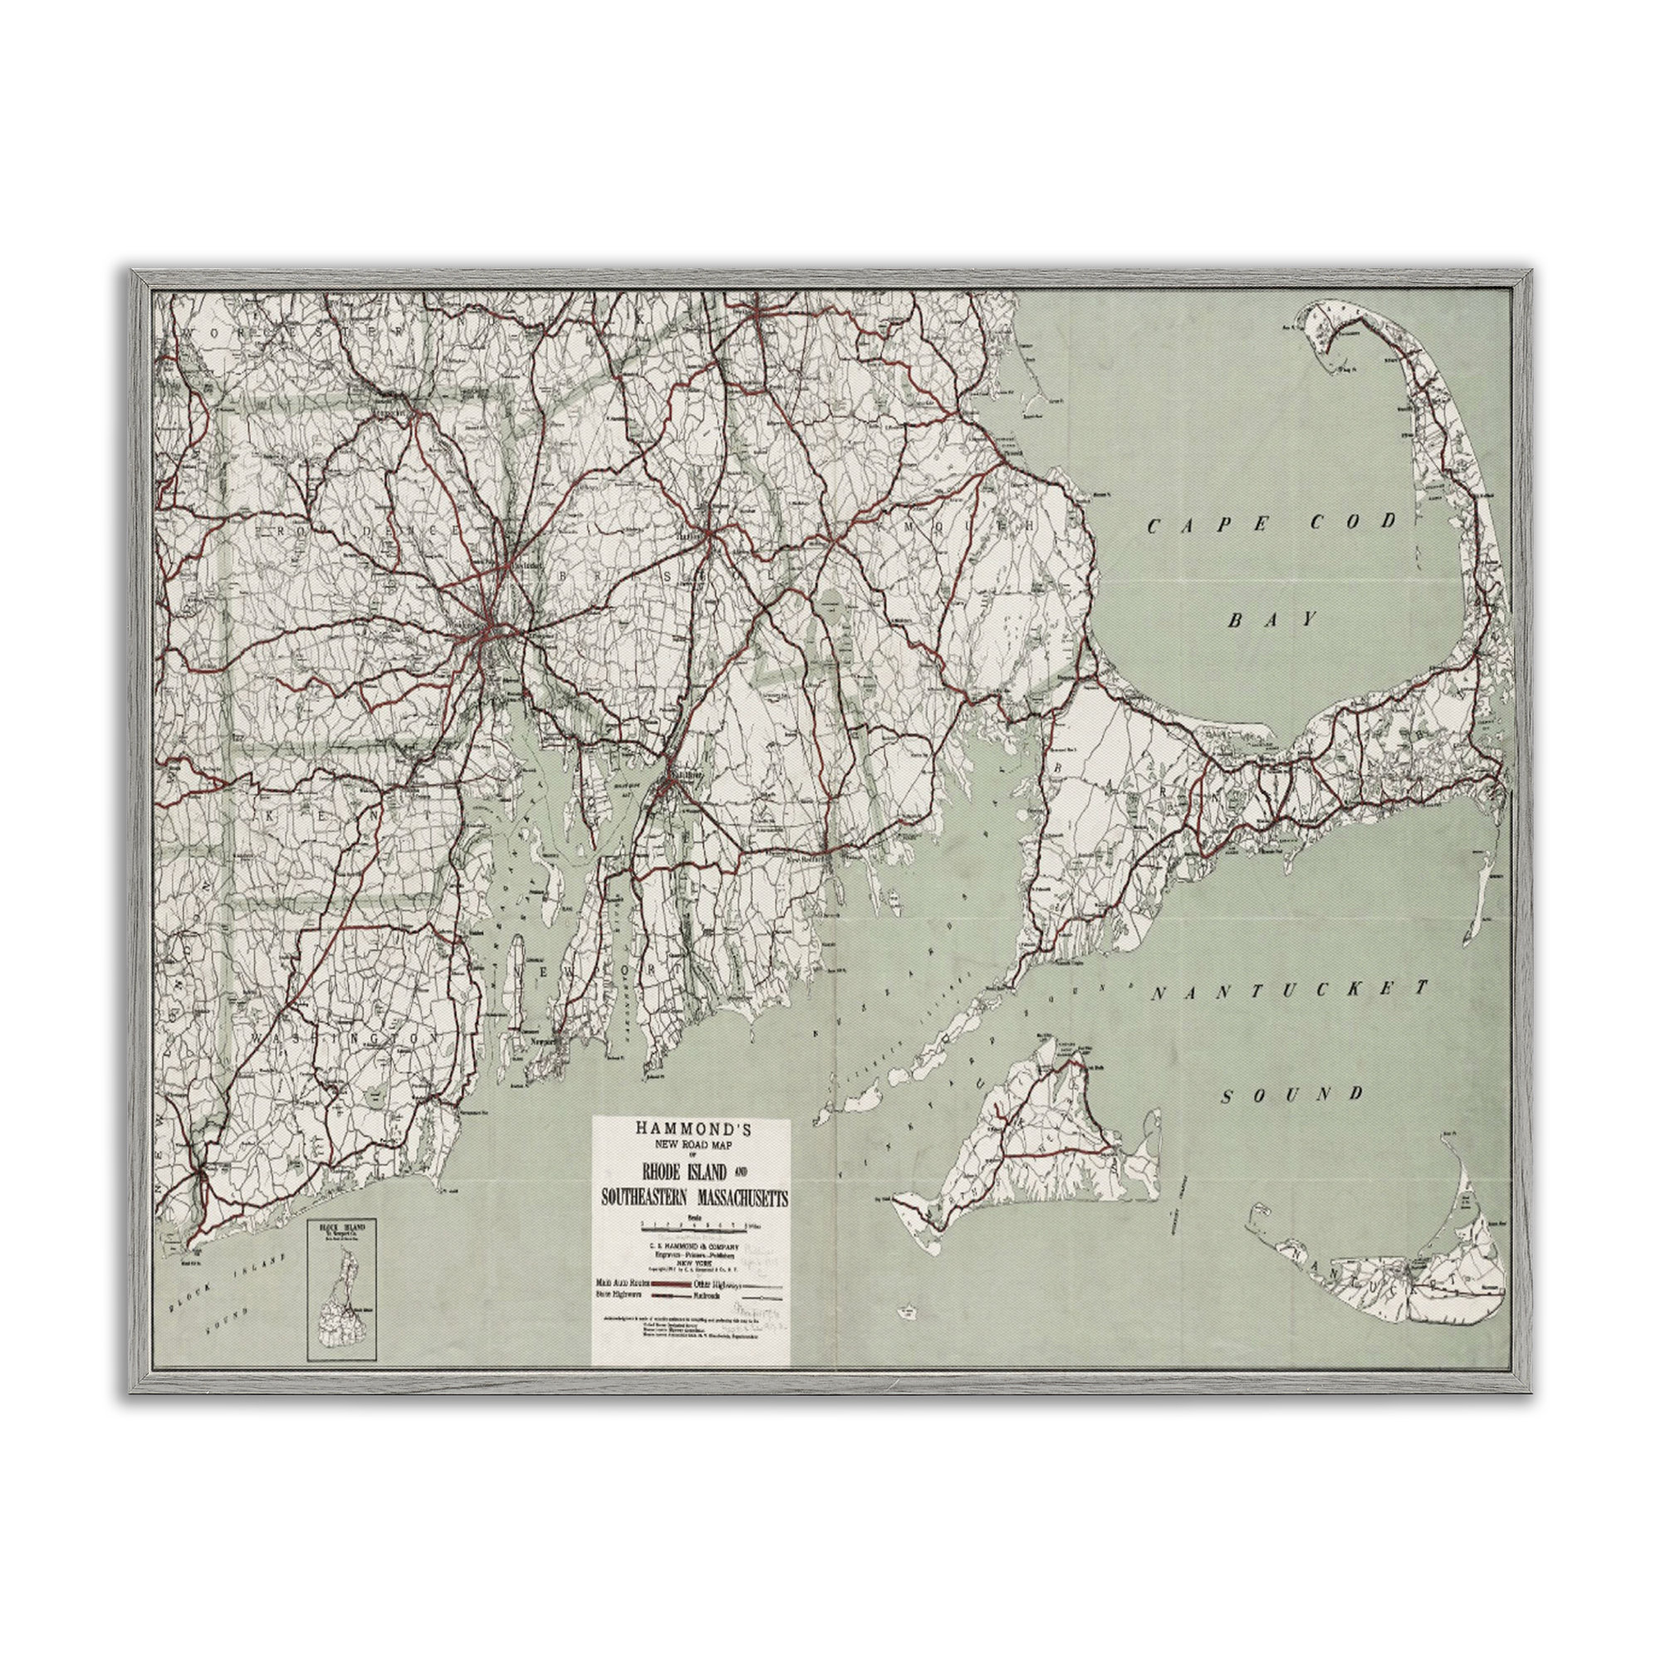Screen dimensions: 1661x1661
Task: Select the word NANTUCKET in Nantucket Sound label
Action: tap(1290, 991)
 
